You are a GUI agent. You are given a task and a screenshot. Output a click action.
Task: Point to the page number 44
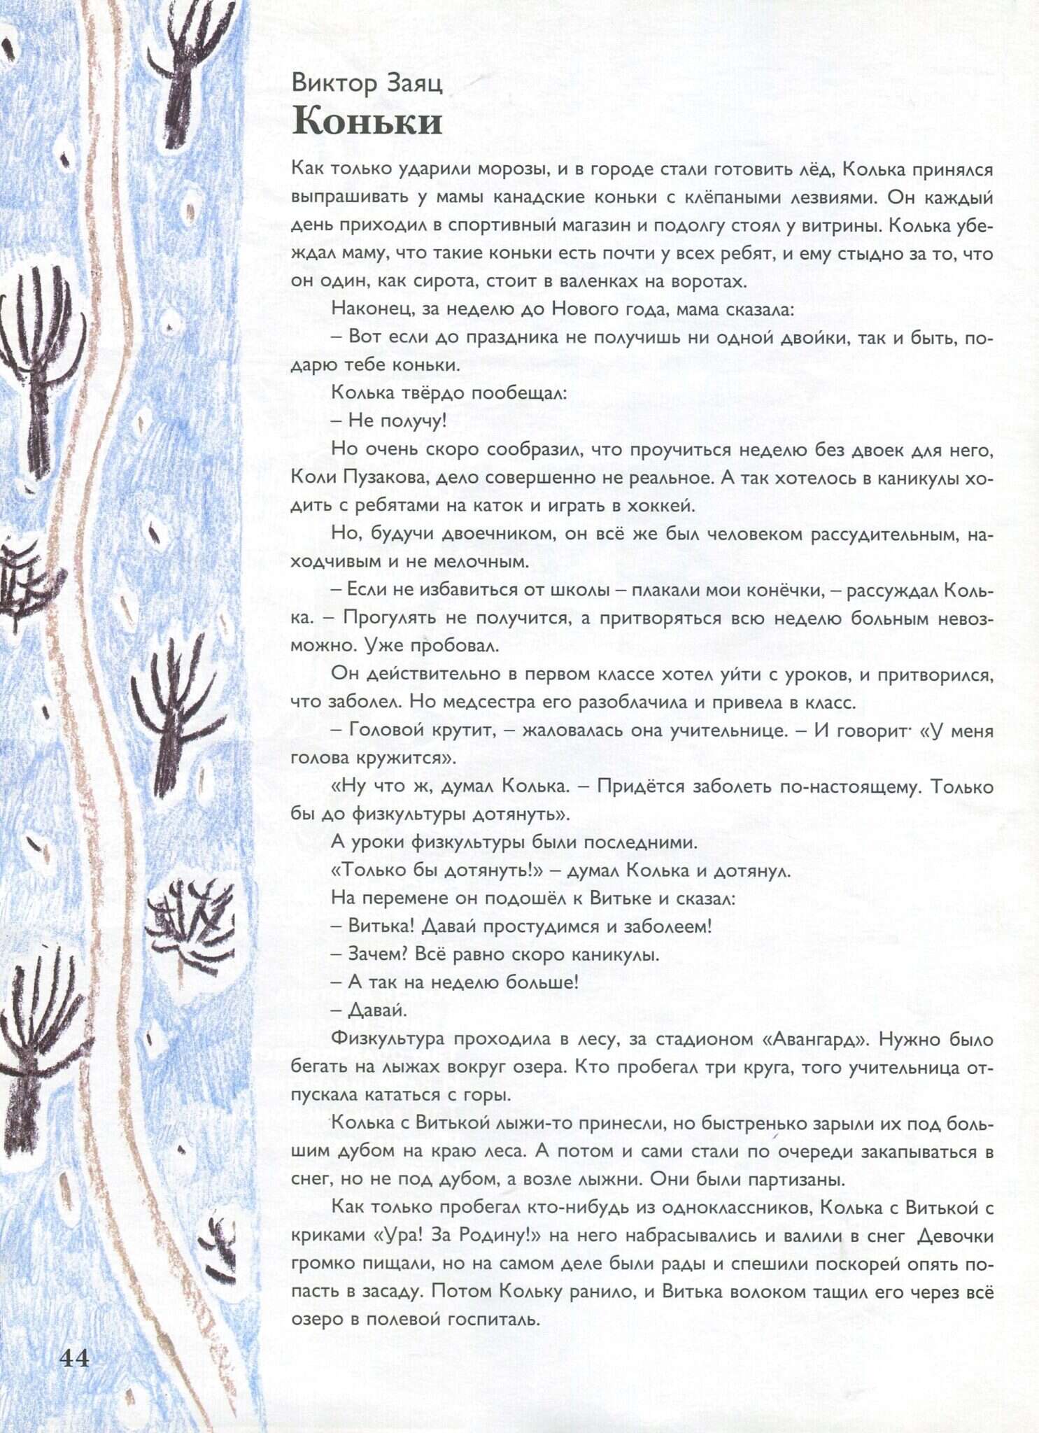click(74, 1358)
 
